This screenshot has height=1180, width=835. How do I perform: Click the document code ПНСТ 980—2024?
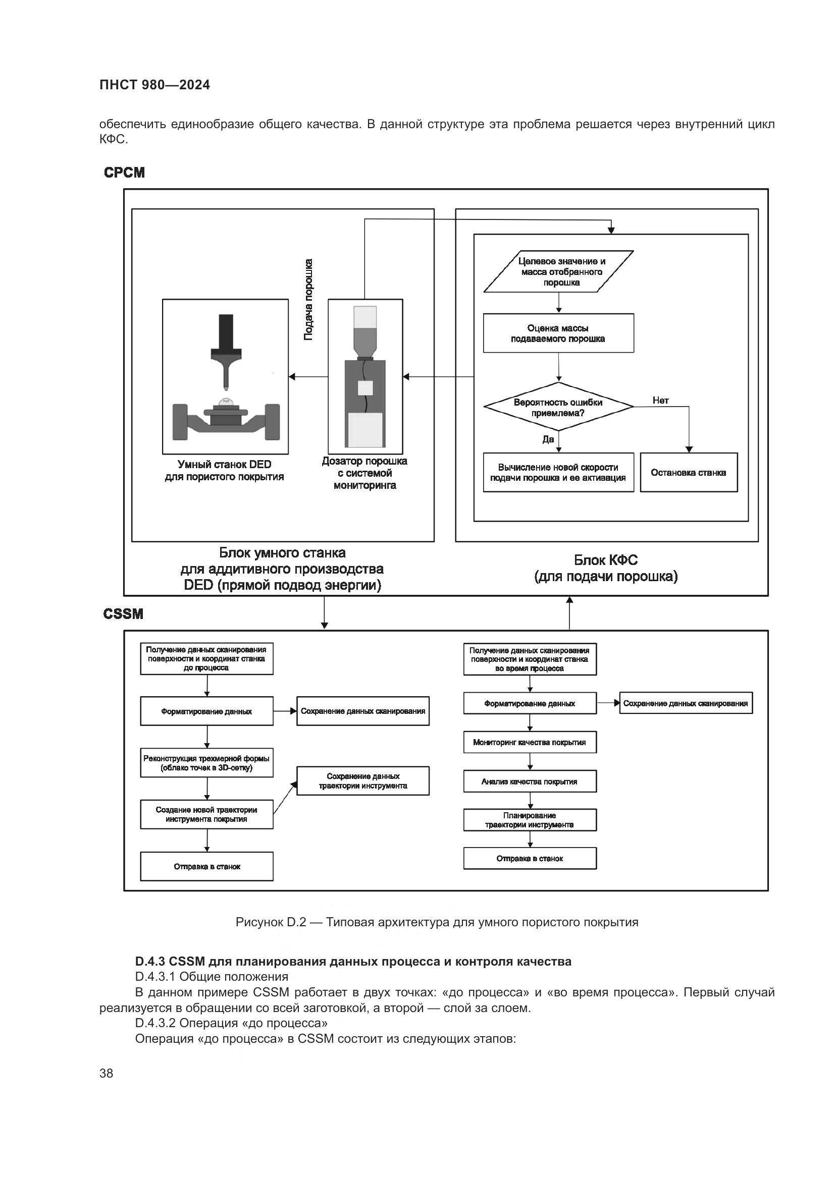(x=155, y=85)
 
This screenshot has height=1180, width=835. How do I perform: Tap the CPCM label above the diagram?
(x=124, y=173)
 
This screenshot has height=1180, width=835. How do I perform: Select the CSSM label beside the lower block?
(x=123, y=614)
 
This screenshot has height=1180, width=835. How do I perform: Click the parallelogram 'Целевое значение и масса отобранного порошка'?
(x=559, y=272)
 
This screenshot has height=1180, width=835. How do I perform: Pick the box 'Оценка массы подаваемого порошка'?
(x=558, y=333)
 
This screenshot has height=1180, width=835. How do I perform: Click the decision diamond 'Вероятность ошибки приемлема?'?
(x=558, y=408)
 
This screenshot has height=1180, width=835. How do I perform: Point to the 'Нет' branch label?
(x=661, y=401)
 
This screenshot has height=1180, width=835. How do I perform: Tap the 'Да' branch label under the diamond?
(x=548, y=439)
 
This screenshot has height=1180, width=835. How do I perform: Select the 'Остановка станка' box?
(x=689, y=473)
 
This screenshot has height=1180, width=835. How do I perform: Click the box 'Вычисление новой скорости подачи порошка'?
(x=558, y=473)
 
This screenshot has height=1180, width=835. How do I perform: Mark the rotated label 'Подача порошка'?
(x=308, y=299)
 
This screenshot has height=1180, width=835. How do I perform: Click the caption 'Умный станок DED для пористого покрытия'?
(x=225, y=471)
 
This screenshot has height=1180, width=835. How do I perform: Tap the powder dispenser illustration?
(x=365, y=377)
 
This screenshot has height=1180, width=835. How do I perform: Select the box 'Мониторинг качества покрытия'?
(x=530, y=743)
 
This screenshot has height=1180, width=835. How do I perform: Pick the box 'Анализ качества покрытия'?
(x=530, y=781)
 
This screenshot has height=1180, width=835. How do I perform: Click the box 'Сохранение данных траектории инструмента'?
(x=363, y=781)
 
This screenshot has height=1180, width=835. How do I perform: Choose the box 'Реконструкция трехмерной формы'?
(x=206, y=763)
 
